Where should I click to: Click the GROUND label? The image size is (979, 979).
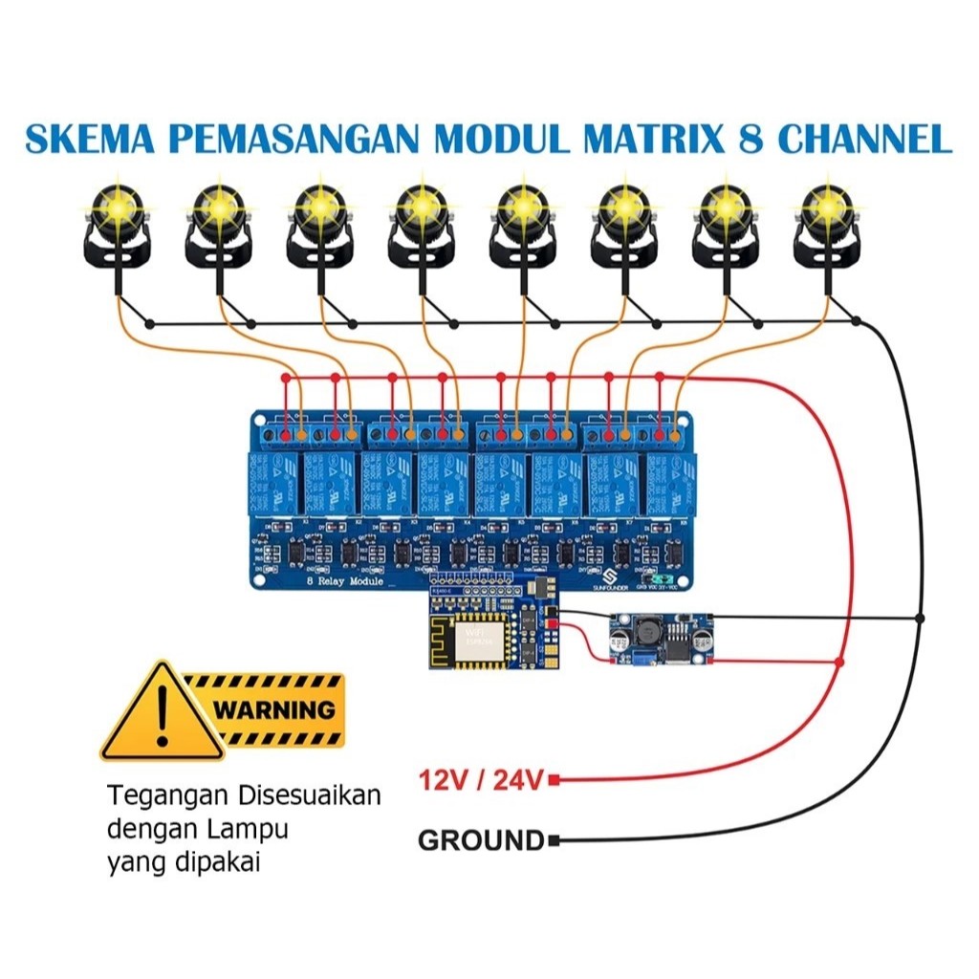click(480, 841)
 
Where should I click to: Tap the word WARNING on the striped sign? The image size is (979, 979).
click(274, 710)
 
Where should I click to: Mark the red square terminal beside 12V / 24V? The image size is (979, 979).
click(553, 781)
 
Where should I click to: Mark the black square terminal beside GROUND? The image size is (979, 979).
click(553, 841)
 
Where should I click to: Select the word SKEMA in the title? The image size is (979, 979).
click(80, 139)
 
